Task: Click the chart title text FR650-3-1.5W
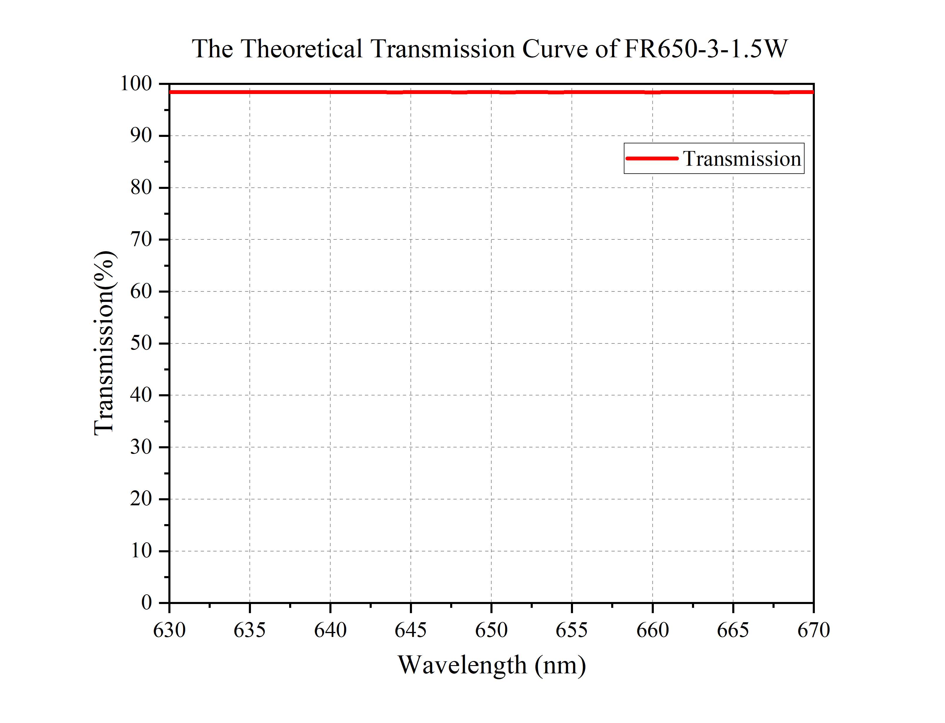coord(706,49)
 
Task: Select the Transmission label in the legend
coord(742,159)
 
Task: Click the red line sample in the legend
coord(651,158)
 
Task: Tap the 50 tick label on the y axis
coord(141,343)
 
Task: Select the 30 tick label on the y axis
coord(141,447)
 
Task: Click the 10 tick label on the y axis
coord(141,551)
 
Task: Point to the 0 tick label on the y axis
coord(146,603)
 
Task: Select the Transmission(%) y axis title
coord(104,343)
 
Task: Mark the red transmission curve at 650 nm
coord(491,92)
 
